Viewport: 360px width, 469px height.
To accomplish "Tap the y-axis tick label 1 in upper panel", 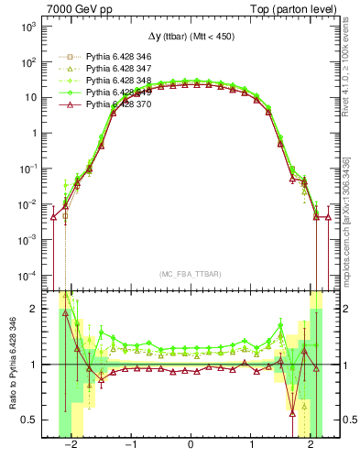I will click(36, 134).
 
